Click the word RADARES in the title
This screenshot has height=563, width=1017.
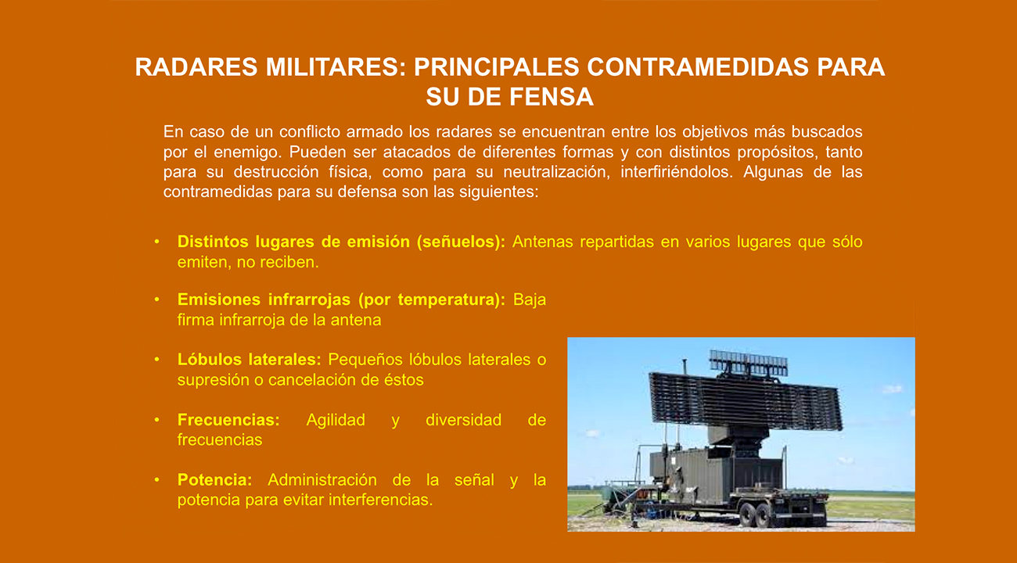click(196, 67)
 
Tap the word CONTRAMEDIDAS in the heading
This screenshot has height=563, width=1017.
click(698, 67)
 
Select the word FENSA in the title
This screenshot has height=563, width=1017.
click(552, 97)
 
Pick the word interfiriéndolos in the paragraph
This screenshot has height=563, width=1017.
click(677, 172)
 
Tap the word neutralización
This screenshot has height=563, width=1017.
click(556, 172)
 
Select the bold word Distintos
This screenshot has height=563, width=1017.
click(213, 242)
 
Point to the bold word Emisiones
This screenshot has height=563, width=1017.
click(219, 299)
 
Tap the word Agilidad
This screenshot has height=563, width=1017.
click(336, 420)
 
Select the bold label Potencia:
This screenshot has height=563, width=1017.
click(215, 479)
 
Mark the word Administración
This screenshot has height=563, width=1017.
click(322, 479)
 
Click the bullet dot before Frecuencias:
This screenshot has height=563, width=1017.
click(156, 420)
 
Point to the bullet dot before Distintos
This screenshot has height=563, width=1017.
click(156, 242)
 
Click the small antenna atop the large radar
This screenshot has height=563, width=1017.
click(748, 364)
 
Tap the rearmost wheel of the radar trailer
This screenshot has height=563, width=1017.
click(765, 515)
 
